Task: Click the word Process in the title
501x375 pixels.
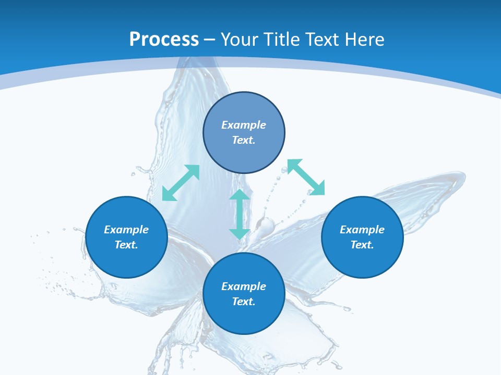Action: click(164, 40)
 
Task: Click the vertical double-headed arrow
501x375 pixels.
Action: click(240, 214)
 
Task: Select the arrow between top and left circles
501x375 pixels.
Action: click(181, 183)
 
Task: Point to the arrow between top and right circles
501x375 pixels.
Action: click(306, 177)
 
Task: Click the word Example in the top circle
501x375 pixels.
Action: click(244, 125)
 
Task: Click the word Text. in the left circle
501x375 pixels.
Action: click(126, 245)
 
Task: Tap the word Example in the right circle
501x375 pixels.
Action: click(362, 230)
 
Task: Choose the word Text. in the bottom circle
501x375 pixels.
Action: click(244, 302)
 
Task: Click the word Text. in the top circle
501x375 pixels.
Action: click(244, 140)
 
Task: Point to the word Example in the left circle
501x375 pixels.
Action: click(126, 230)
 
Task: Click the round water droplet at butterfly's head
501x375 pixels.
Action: click(266, 226)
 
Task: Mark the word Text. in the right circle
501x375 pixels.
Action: click(362, 245)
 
